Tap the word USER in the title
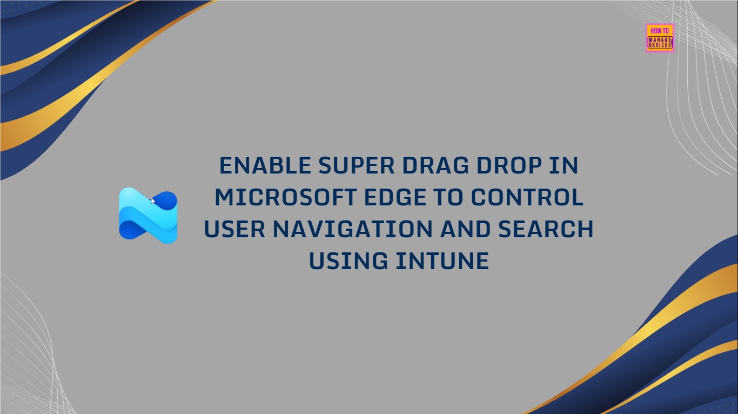[x=234, y=229]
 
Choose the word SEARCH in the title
[x=546, y=229]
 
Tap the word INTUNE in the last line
[x=442, y=261]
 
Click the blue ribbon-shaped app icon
[x=148, y=216]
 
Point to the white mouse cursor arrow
[x=153, y=201]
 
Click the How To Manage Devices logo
[x=660, y=38]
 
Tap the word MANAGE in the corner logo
[x=660, y=38]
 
